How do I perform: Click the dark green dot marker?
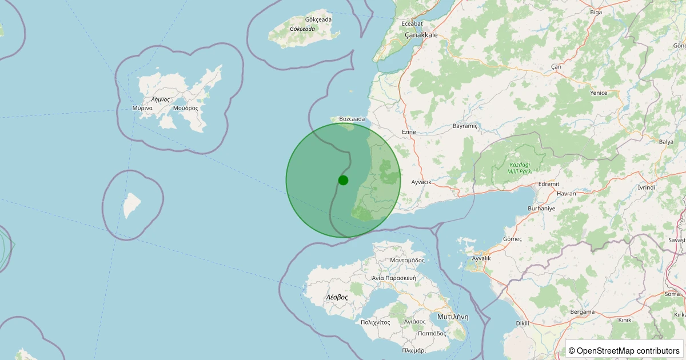tap(343, 180)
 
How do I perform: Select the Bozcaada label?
tap(352, 119)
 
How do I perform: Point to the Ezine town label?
tap(409, 132)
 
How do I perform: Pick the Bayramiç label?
tap(464, 125)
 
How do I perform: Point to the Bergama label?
tap(583, 312)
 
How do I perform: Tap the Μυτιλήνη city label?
tap(452, 316)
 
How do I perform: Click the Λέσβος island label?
tap(337, 297)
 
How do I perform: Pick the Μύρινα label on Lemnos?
tap(142, 107)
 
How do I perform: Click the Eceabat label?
tap(412, 23)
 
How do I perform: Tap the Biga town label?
tap(596, 11)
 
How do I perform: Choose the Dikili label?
tap(523, 323)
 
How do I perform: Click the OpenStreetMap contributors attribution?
tap(624, 350)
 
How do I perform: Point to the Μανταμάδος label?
tap(407, 260)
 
